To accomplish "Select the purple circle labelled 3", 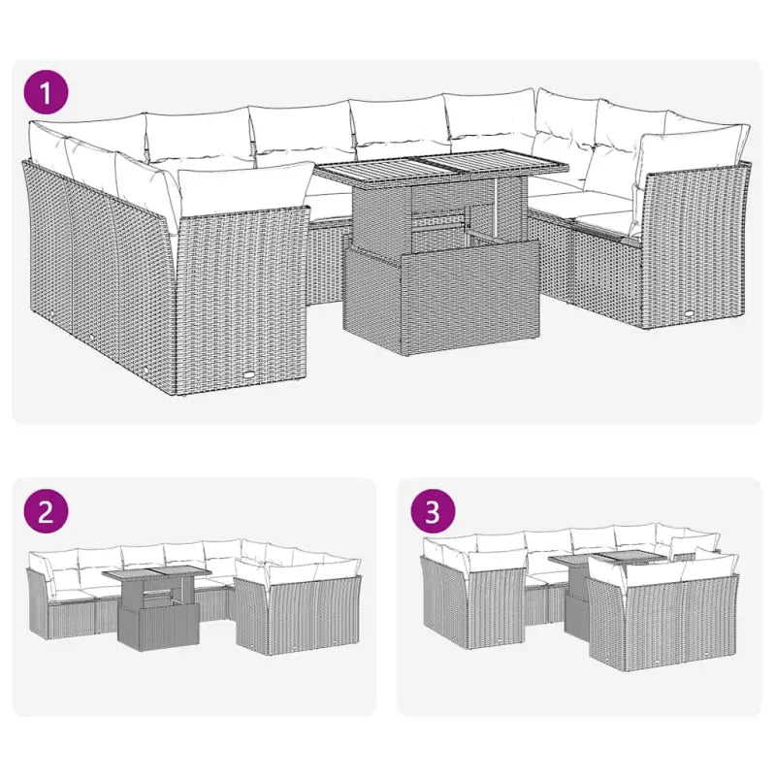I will pos(435,511).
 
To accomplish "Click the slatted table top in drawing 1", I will pos(442,173).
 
